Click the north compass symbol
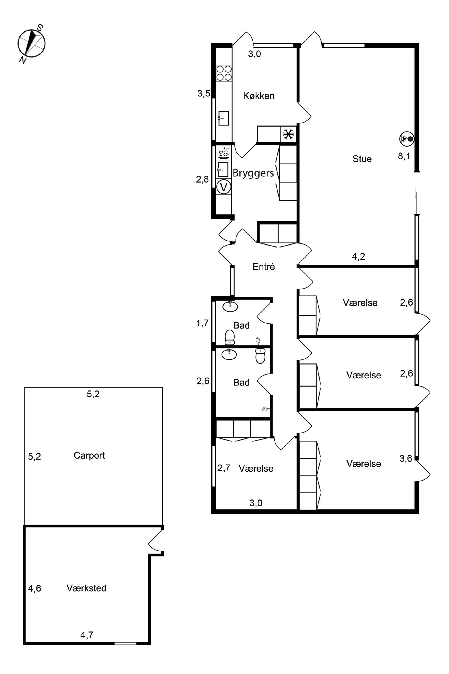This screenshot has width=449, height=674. [x=31, y=43]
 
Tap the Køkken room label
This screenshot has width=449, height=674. [x=259, y=96]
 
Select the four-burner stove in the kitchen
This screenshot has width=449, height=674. [x=224, y=73]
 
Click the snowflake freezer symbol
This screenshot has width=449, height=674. [x=288, y=134]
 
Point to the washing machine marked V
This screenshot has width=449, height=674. [x=224, y=187]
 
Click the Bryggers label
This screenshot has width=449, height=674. [x=253, y=173]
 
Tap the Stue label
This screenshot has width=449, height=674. [x=362, y=159]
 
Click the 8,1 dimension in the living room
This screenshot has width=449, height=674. [x=404, y=156]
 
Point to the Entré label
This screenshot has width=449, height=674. [x=263, y=267]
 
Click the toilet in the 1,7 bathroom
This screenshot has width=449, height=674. [x=230, y=337]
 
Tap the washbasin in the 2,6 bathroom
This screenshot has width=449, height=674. [x=229, y=354]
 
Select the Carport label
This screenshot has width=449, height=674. [x=89, y=456]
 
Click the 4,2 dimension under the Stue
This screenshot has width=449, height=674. [x=358, y=256]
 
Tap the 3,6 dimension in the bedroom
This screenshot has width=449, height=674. [x=406, y=458]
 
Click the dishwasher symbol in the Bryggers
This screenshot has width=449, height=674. [x=224, y=153]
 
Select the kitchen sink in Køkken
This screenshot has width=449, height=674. [x=223, y=118]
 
